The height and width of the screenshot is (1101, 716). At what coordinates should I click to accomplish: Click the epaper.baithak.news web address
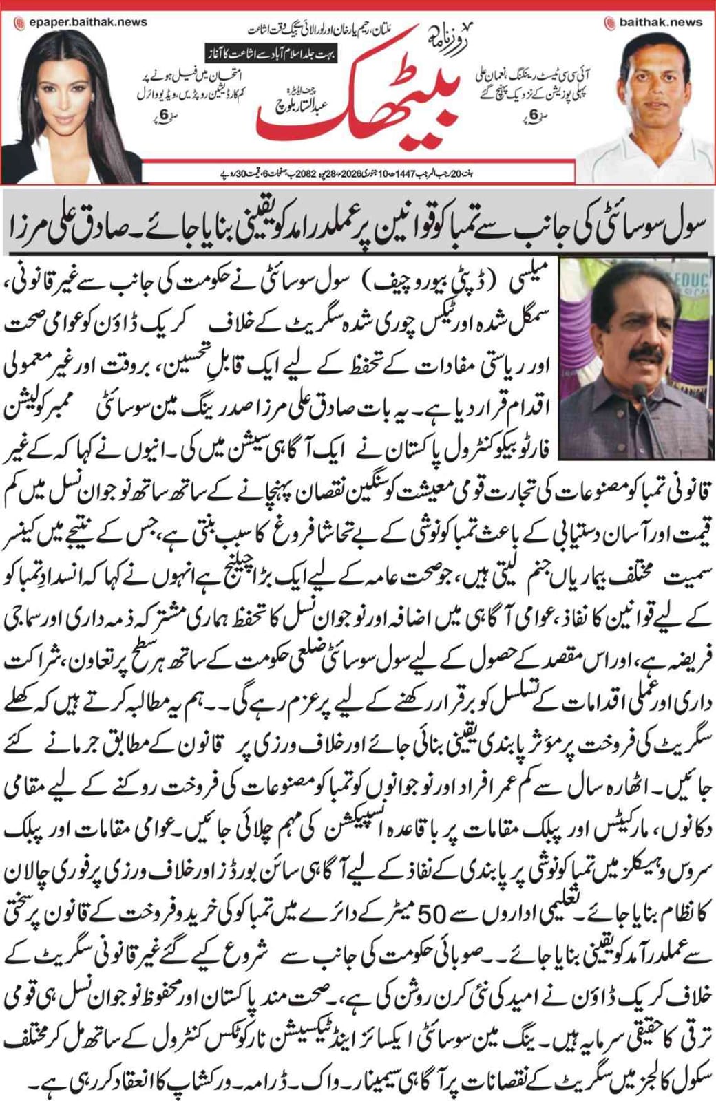pos(88,21)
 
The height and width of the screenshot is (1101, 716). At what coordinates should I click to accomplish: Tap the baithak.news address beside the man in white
pos(660,21)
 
